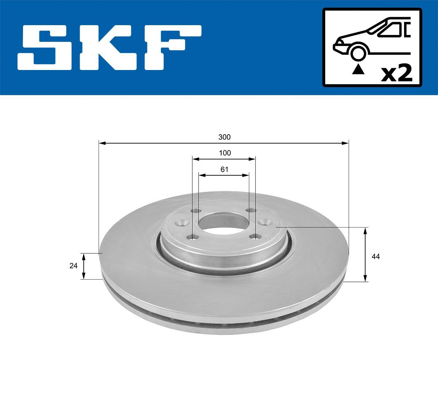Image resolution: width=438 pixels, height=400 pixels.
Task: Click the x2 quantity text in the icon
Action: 396,73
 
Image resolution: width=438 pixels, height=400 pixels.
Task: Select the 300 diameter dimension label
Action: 224,137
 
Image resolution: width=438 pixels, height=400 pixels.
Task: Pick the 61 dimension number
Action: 224,169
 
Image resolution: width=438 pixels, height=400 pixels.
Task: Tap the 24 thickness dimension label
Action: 73,266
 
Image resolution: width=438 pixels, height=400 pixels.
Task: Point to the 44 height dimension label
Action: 376,257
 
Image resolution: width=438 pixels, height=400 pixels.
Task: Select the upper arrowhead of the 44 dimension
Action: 365,230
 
